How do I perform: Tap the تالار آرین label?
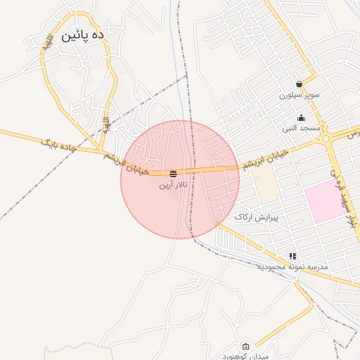click(x=173, y=186)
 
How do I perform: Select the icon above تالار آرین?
click(x=173, y=173)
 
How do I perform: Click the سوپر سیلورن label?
click(x=299, y=94)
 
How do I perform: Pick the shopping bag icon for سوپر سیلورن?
click(x=299, y=84)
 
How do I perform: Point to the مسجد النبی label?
click(x=302, y=129)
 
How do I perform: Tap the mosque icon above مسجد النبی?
click(x=302, y=118)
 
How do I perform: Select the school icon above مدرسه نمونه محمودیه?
click(x=292, y=256)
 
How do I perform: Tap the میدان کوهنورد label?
click(x=245, y=356)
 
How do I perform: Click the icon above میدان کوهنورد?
click(x=245, y=345)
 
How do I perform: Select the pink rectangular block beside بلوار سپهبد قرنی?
click(x=323, y=201)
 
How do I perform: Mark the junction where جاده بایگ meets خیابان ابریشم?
click(x=98, y=150)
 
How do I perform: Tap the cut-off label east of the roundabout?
click(x=354, y=132)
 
